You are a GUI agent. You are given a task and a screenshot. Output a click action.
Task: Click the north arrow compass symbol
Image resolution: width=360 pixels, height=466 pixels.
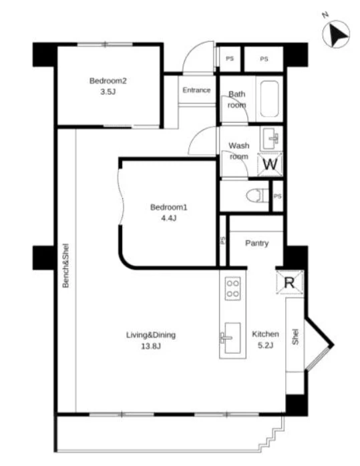[x=336, y=34]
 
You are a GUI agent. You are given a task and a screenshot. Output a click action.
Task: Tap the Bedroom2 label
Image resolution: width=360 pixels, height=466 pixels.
[x=108, y=81]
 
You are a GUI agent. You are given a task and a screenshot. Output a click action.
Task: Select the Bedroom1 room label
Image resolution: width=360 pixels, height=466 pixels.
[x=168, y=207]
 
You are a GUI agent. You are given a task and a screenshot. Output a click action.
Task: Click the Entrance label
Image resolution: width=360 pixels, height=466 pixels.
[x=196, y=90]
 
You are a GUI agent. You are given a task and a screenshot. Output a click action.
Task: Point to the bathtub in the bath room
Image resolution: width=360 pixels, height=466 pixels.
[x=270, y=99]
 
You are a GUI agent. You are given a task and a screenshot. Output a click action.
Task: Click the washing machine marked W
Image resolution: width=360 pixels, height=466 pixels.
[x=270, y=164]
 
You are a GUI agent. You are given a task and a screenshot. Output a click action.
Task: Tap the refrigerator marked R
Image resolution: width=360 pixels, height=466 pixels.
[x=290, y=282]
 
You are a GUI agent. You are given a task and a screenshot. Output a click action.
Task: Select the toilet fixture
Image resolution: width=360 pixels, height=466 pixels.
[x=257, y=196]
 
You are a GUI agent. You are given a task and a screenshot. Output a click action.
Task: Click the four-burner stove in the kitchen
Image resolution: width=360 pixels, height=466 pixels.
[x=233, y=288]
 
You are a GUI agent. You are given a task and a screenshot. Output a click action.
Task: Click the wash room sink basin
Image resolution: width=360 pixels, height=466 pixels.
[x=272, y=138]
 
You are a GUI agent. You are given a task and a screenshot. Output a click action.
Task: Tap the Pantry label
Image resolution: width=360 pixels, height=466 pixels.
[x=257, y=244]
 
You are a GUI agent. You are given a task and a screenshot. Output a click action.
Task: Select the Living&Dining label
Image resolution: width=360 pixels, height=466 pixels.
[x=151, y=335]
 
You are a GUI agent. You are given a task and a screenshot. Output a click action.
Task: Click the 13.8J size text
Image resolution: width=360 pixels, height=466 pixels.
[x=151, y=346]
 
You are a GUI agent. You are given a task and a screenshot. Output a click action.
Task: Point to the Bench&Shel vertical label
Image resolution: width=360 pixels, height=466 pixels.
[x=65, y=266]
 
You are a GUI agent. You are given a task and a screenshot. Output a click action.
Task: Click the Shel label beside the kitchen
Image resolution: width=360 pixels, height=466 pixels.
[x=295, y=336]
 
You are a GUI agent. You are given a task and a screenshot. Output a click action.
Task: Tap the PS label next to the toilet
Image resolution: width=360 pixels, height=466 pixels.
[x=277, y=196]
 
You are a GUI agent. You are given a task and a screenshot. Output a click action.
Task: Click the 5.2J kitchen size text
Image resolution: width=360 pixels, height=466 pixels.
[x=265, y=345]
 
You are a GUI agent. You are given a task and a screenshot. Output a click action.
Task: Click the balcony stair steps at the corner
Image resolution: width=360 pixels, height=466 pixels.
[x=271, y=435]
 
